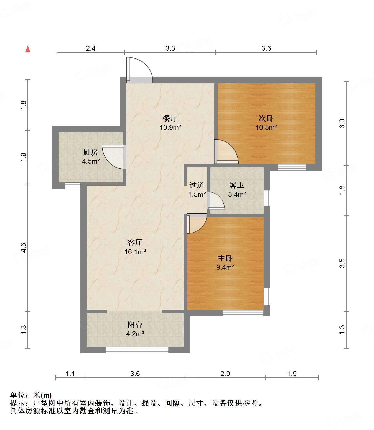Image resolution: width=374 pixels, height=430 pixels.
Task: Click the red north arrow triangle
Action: tap(28, 49)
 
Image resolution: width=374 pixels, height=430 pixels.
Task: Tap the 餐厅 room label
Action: tap(170, 118)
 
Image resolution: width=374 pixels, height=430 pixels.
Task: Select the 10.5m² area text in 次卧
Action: tap(266, 128)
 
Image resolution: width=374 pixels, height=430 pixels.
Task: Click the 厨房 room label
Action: tap(91, 152)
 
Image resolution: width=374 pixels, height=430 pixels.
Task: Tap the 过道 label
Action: tap(197, 185)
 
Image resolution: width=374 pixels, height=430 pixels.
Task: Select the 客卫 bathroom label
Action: tap(237, 185)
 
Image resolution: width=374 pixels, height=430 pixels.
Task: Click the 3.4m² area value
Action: tap(237, 195)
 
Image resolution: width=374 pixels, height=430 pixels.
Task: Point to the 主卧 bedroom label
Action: tap(225, 258)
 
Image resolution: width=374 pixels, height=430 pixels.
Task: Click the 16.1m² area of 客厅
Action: tap(135, 252)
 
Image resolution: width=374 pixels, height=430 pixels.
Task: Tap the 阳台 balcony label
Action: tap(135, 325)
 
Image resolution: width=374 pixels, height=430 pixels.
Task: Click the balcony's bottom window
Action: tap(137, 350)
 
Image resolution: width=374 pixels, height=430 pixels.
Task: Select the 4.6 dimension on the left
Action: tap(23, 247)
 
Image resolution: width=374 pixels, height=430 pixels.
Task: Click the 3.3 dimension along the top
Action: tap(170, 48)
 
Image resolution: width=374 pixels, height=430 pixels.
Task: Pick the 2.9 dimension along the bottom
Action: tap(225, 374)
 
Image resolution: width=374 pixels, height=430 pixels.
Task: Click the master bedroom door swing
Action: tap(196, 223)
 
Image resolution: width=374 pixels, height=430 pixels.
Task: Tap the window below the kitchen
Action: tap(73, 186)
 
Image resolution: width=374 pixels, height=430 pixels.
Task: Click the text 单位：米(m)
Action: tap(31, 395)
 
